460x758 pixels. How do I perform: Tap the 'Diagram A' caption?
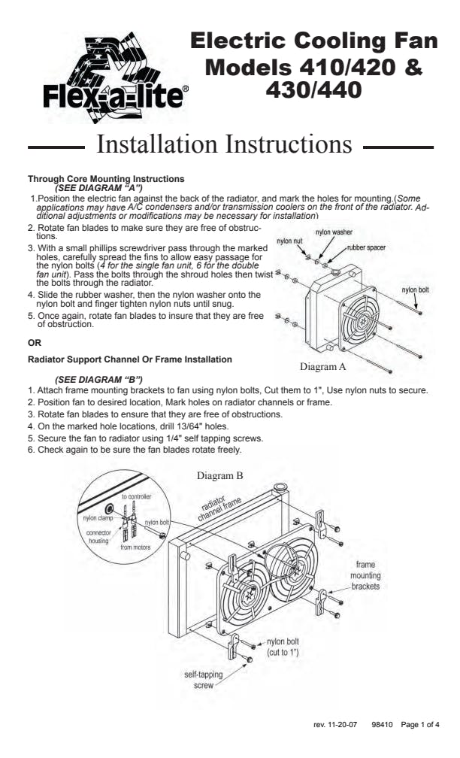[322, 367]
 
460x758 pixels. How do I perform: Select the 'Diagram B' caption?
[219, 475]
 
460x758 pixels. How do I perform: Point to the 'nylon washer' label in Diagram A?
[333, 232]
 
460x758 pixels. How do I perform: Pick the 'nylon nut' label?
[289, 241]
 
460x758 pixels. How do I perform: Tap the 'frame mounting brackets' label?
[365, 575]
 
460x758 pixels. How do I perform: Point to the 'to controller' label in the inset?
[136, 497]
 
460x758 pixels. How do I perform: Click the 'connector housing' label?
[98, 536]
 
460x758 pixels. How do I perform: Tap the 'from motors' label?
[135, 547]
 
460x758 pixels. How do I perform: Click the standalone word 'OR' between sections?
[33, 343]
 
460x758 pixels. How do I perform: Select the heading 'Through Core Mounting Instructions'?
[106, 179]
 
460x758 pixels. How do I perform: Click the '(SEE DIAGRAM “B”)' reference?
[98, 378]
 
